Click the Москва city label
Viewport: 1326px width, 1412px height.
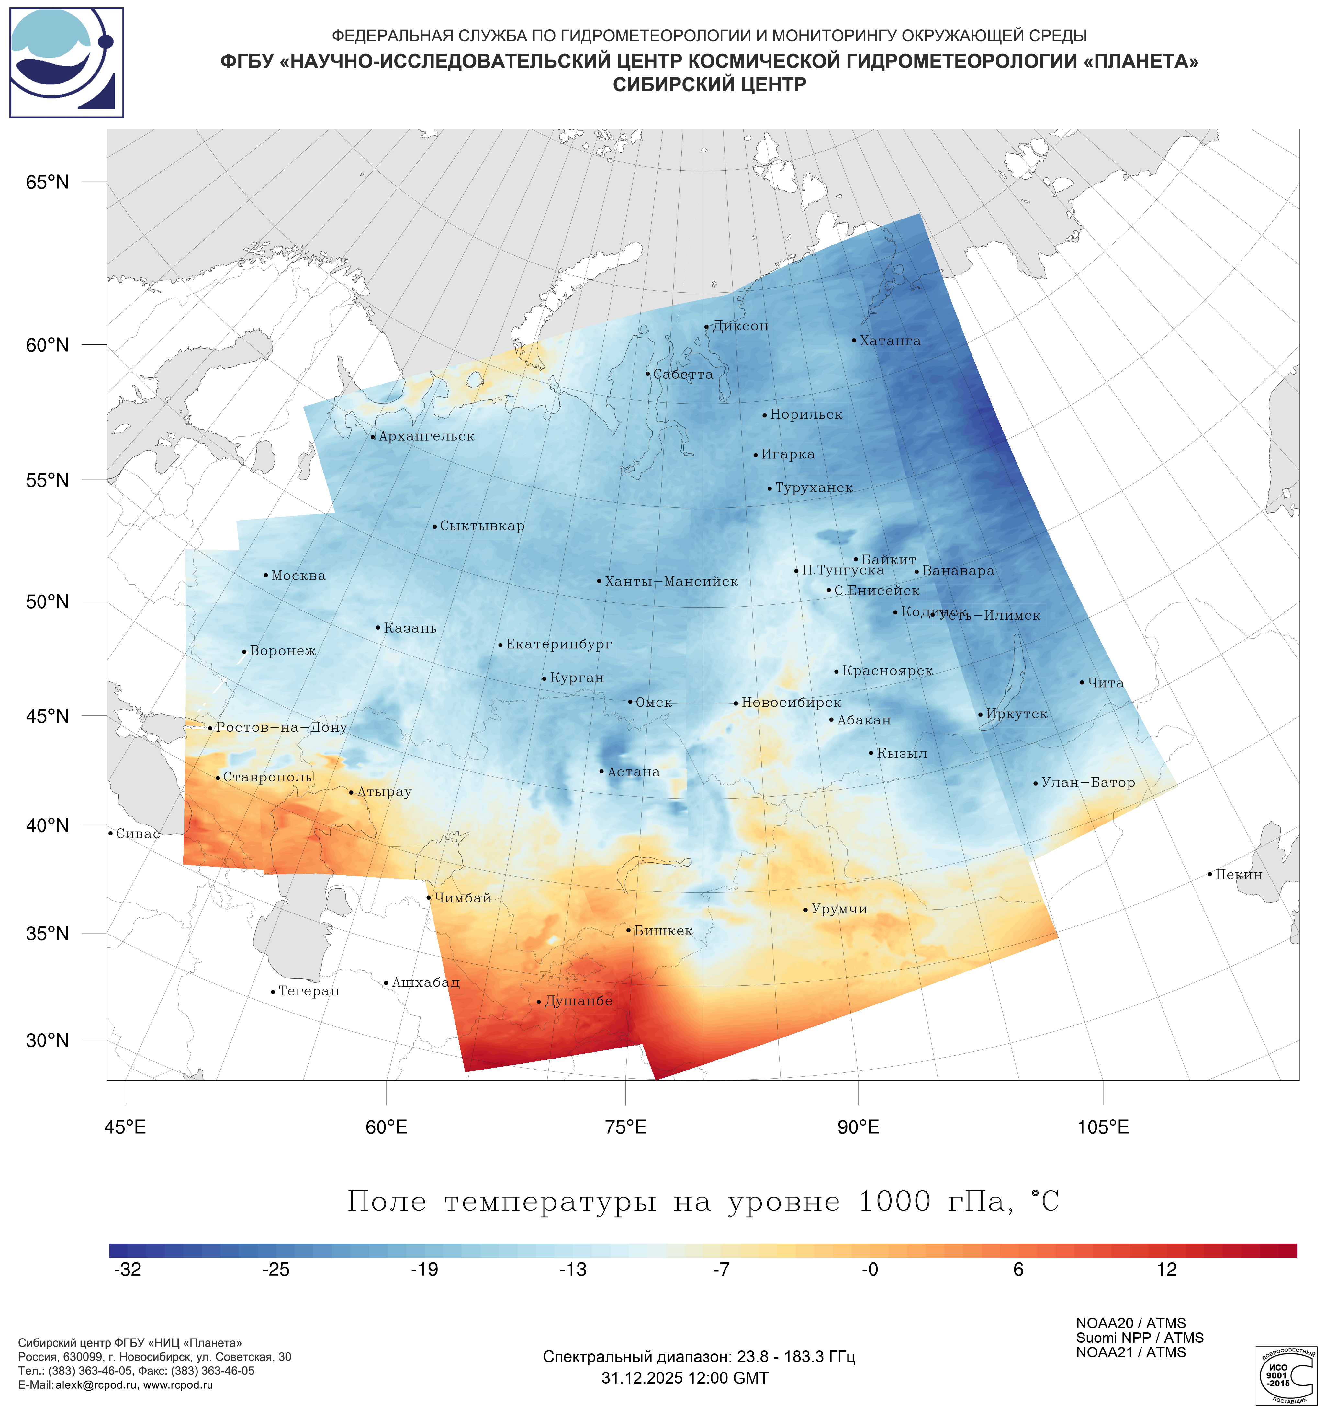[x=298, y=576]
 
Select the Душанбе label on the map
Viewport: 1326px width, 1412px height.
[x=578, y=1002]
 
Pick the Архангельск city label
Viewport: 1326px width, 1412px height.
[x=426, y=437]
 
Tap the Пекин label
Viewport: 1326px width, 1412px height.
[x=1239, y=875]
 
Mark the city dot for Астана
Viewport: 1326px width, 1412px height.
[x=601, y=771]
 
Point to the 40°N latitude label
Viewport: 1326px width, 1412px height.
[x=48, y=825]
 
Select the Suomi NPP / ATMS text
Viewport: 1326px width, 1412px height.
[x=1139, y=1338]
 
